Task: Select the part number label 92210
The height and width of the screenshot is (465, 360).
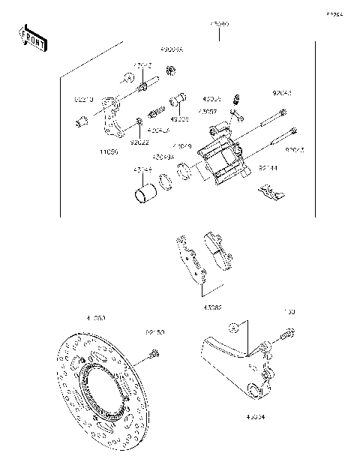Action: [83, 99]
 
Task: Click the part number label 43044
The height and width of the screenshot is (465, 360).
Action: [143, 170]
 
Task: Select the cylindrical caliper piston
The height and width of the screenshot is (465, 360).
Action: [144, 195]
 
